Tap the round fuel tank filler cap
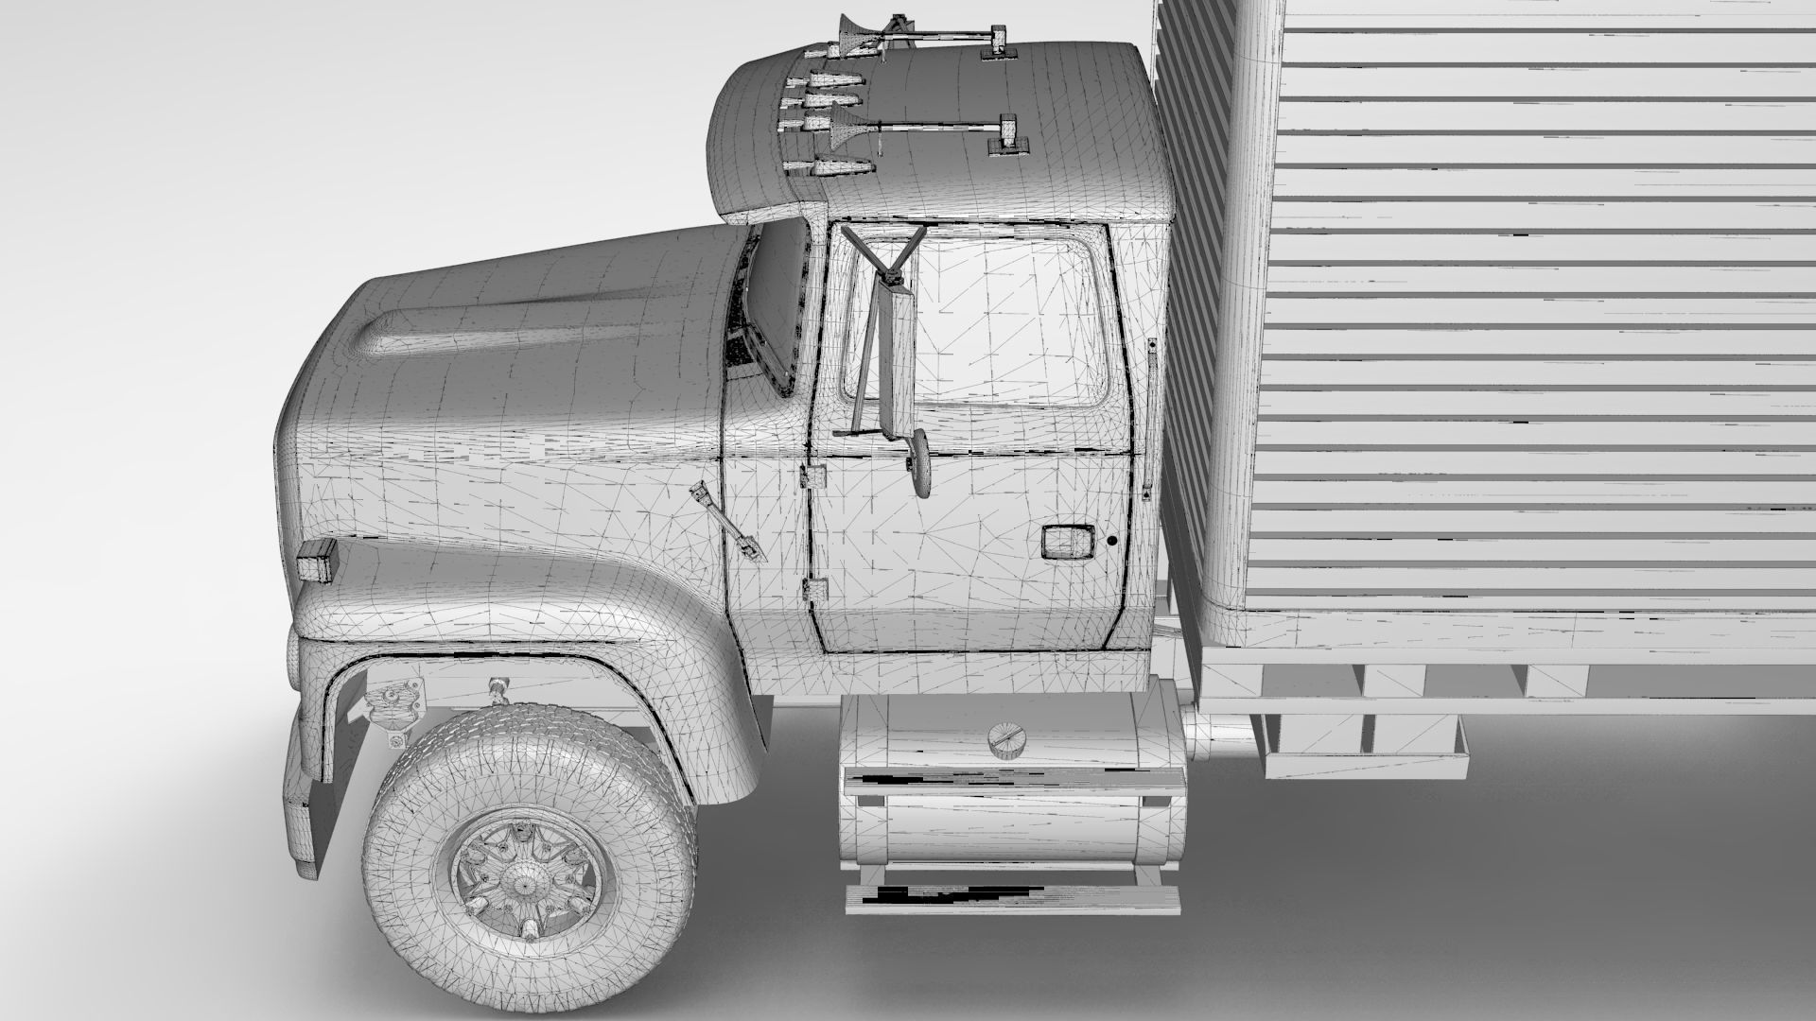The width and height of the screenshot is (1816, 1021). (x=1006, y=737)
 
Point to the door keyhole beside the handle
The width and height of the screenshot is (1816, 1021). (x=1112, y=542)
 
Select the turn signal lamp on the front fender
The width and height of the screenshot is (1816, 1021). (x=318, y=563)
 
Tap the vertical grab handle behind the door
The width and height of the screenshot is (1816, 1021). (x=1151, y=417)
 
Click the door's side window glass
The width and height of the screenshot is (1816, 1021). (x=1012, y=321)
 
